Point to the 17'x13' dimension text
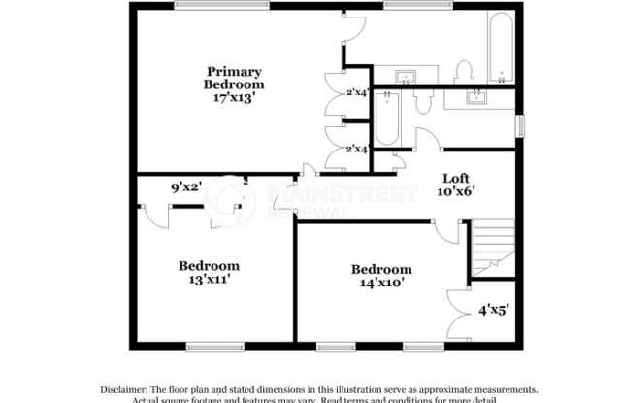(233, 99)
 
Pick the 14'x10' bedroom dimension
(381, 284)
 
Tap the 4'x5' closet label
(493, 313)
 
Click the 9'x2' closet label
(185, 186)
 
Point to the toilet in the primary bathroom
(463, 71)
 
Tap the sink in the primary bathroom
(405, 76)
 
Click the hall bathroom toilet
(423, 101)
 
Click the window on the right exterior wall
(520, 126)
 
